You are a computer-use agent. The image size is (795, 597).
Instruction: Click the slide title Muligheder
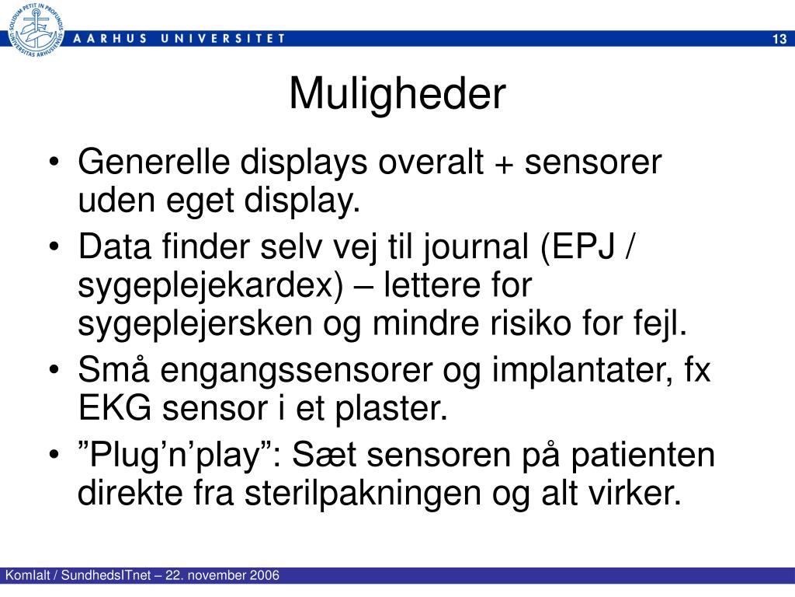coord(397,95)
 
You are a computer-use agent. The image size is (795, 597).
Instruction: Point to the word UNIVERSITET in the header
coord(225,38)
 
